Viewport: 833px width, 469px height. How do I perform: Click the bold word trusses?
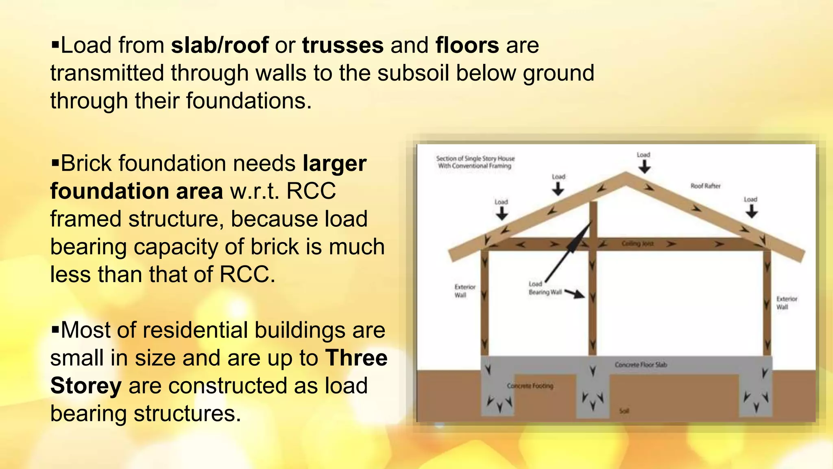point(342,45)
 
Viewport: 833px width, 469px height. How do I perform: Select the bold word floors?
point(467,45)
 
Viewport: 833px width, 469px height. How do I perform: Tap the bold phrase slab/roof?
point(220,45)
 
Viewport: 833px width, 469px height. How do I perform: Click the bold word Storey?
point(86,386)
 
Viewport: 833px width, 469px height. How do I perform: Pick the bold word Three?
point(356,358)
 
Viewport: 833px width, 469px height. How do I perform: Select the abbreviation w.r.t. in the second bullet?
point(254,191)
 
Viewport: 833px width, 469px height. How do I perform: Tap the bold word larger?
point(334,164)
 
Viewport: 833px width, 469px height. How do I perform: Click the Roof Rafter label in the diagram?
point(705,186)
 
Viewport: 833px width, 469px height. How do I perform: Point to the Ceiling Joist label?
point(637,244)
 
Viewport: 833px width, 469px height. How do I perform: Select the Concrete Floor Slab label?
point(641,365)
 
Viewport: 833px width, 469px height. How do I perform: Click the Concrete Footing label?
point(530,386)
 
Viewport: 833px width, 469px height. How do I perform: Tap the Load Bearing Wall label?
point(545,288)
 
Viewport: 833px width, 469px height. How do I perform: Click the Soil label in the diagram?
point(624,411)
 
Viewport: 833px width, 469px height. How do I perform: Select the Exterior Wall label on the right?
point(786,303)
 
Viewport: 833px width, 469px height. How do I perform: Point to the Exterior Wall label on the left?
point(464,291)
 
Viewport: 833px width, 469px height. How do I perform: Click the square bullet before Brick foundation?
point(55,162)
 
